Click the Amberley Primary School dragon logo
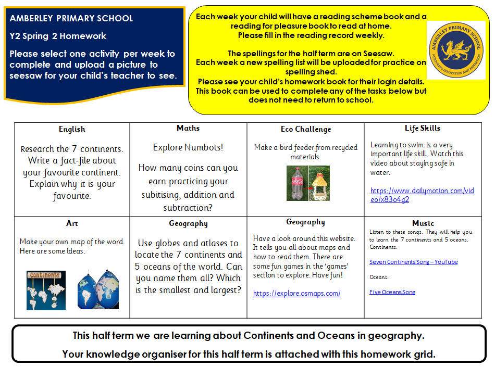pos(456,50)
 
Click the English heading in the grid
pos(72,129)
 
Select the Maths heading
pos(188,128)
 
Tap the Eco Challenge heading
pos(306,129)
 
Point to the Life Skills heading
pos(423,128)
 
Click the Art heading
pos(72,223)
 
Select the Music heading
pos(423,223)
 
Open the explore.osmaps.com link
pos(297,293)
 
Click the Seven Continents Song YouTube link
pos(414,262)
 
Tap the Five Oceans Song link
pos(392,292)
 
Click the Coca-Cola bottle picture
pos(296,183)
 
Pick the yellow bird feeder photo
pos(319,183)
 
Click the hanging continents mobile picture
pos(46,290)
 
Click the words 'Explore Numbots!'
pos(188,147)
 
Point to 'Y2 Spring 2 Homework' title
pos(58,36)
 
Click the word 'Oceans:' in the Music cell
pos(379,277)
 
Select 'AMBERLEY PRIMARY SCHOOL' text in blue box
pos(71,18)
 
